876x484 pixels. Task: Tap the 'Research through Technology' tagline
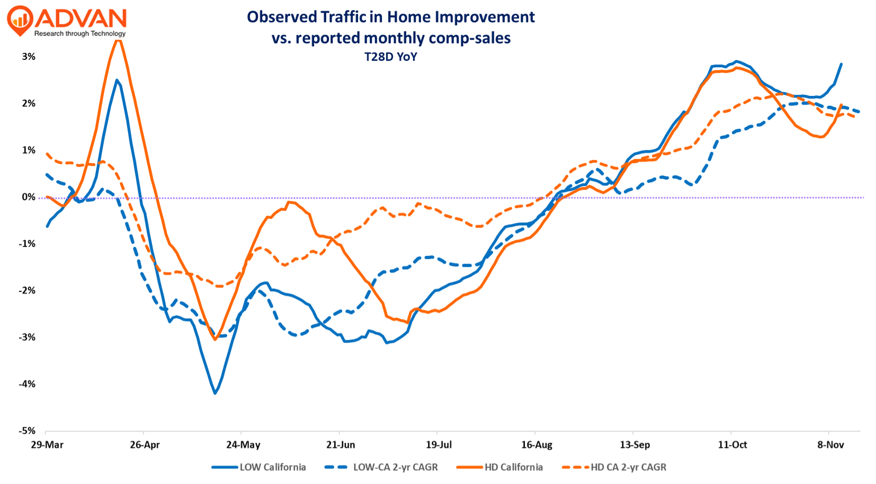80,33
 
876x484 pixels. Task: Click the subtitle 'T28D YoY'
390,57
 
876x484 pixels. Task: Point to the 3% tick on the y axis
29,57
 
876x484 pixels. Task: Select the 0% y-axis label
29,197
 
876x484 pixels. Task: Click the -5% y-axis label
27,431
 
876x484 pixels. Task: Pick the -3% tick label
27,337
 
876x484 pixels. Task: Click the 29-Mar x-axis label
47,445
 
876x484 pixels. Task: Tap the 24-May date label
243,445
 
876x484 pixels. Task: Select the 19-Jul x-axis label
439,445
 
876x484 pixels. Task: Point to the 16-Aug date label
537,445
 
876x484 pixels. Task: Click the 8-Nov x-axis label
830,445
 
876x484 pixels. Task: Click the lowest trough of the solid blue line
215,393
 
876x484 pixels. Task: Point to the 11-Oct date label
732,445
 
